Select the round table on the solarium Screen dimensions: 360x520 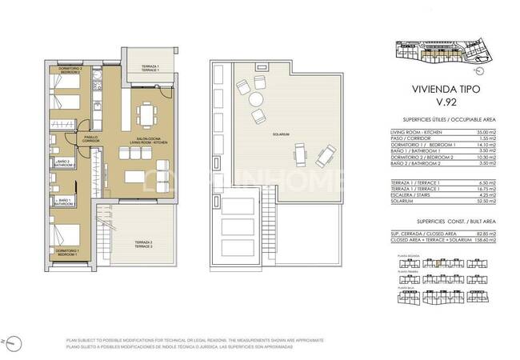pyautogui.click(x=255, y=99)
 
